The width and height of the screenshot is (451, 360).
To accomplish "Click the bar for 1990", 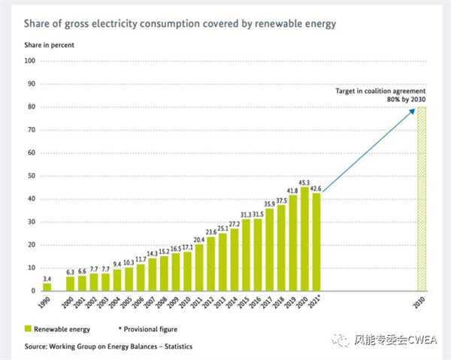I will pos(47,286).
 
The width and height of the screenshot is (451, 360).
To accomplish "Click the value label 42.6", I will pos(316,189).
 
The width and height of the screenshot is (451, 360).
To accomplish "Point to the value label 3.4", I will pos(47,278).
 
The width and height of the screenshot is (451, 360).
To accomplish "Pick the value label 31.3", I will pos(246,214).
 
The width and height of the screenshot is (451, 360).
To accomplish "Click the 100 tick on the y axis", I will pos(31,61).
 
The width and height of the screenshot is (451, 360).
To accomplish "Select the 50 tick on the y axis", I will pos(32,176).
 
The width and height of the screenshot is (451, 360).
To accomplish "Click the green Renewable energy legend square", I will pos(28,328).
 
